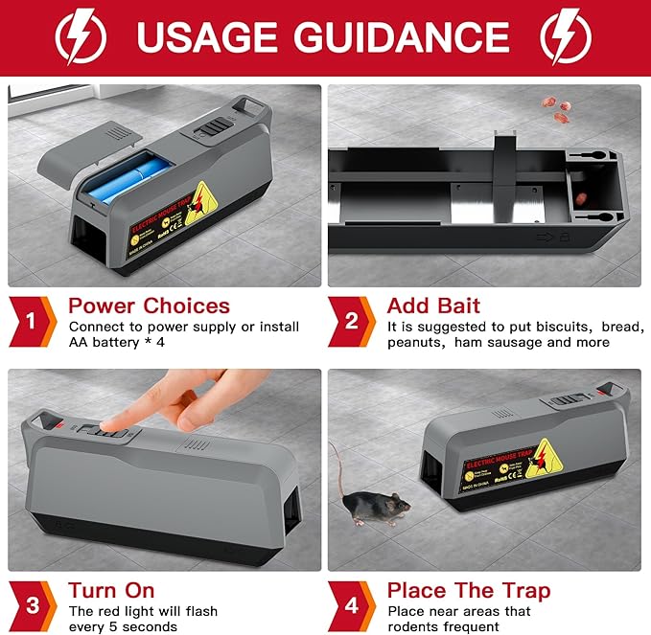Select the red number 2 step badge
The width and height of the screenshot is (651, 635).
click(350, 321)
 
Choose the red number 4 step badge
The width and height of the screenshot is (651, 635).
click(350, 603)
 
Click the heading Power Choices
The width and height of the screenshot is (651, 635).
click(149, 306)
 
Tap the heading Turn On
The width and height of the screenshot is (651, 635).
click(111, 589)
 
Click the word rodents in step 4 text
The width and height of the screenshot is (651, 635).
click(411, 625)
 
